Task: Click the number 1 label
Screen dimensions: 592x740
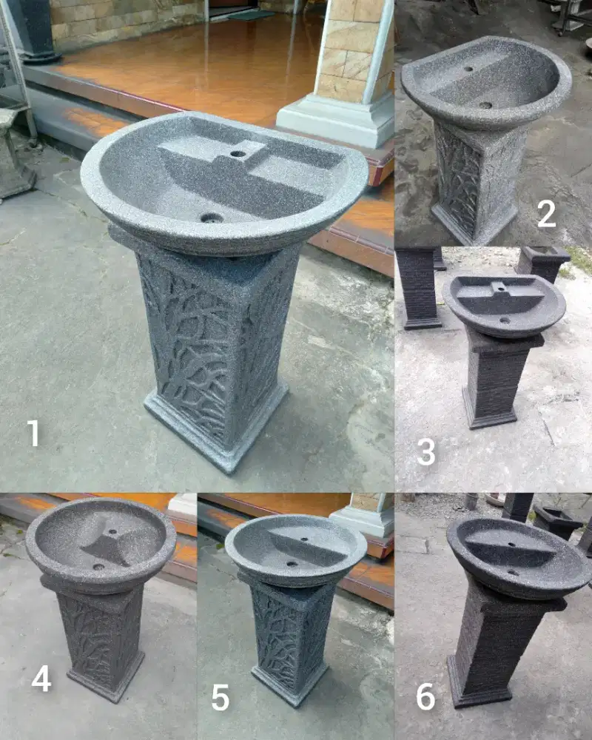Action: (33, 432)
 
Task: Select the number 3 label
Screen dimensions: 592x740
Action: (425, 452)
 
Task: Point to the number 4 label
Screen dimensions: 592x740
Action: (41, 679)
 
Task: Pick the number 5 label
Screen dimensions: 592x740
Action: (221, 697)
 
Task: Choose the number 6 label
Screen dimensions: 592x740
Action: (425, 696)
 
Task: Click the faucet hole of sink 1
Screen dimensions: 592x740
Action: (238, 153)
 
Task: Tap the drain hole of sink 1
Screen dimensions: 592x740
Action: (211, 218)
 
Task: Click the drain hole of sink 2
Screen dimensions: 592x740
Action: (485, 105)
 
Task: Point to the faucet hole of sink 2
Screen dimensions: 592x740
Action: (468, 69)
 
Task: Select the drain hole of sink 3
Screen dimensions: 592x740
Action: (505, 320)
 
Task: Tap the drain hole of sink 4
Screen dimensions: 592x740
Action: (98, 566)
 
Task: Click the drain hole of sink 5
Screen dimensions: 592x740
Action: (292, 563)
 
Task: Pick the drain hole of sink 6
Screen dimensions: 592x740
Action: (512, 573)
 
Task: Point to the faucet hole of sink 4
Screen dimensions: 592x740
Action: (112, 532)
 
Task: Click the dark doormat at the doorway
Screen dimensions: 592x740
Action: (251, 15)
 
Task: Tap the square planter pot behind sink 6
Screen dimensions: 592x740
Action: (556, 522)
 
